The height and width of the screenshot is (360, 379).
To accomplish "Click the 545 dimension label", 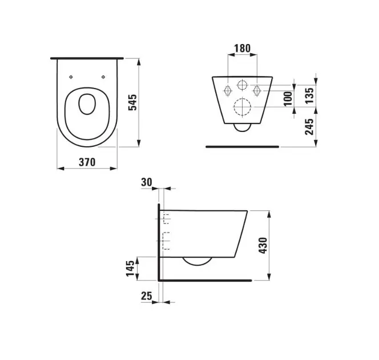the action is (x=132, y=102).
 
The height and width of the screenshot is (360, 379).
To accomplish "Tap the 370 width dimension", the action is (x=87, y=162).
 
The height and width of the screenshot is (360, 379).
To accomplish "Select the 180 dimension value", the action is (x=242, y=49).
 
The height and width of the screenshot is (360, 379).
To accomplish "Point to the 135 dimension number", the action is (x=309, y=96).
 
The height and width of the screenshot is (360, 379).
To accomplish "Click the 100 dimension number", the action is (x=288, y=98).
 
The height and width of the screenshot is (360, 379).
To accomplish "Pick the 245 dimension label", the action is (x=309, y=126).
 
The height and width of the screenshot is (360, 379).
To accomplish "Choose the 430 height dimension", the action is (x=263, y=246).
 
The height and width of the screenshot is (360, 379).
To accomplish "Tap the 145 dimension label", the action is (x=130, y=269).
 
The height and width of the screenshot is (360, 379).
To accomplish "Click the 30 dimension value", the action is (x=147, y=182).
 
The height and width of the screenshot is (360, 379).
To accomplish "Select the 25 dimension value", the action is (x=147, y=296).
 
